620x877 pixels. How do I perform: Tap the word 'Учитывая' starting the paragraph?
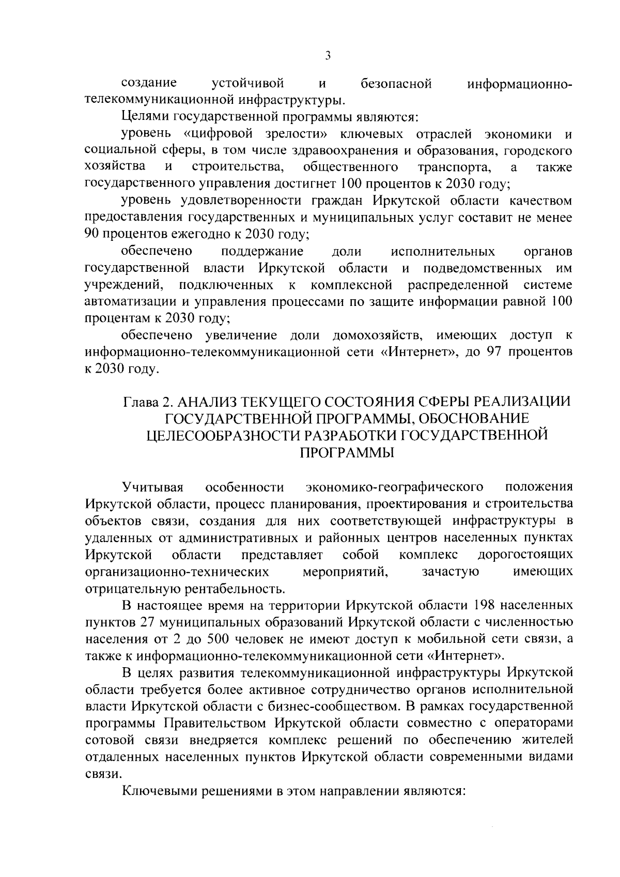[153, 487]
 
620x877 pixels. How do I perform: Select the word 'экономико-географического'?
[394, 487]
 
